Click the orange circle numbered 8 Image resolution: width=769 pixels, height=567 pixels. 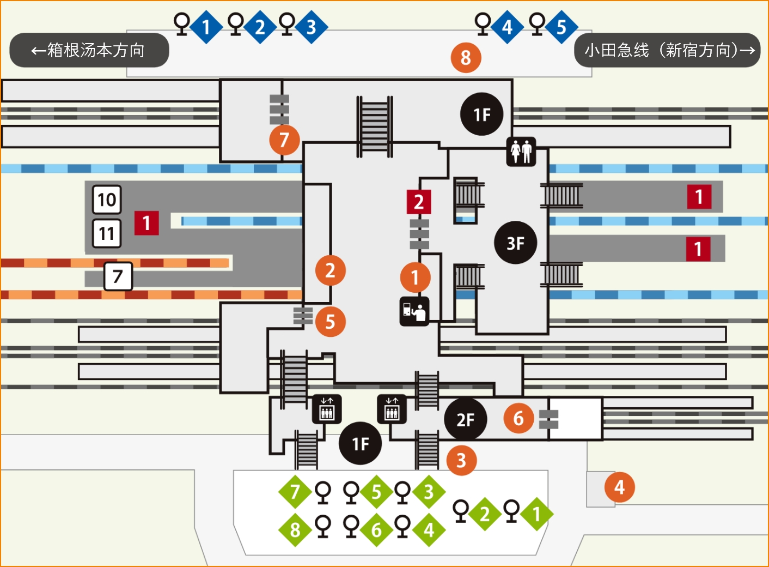466,58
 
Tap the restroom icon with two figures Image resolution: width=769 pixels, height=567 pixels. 521,152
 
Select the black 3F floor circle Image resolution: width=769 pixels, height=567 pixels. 515,243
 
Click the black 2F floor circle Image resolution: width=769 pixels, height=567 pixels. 466,419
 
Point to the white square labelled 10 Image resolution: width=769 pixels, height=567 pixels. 107,200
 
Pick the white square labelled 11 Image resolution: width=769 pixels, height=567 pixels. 107,233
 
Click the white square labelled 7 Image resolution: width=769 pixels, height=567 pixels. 118,276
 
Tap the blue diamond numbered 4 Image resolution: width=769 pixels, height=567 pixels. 507,27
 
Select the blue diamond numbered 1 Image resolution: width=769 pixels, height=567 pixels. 206,27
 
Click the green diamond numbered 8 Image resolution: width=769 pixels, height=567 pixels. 295,530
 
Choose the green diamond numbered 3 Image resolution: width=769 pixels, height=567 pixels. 429,492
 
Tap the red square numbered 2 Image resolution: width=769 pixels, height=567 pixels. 419,202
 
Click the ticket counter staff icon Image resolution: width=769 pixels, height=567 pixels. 414,311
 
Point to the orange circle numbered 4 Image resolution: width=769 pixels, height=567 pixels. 620,487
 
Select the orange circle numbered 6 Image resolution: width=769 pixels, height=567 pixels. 518,419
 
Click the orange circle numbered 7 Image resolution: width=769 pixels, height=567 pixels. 284,140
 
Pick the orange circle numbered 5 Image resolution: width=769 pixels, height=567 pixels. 330,321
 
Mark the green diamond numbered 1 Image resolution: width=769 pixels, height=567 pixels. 536,514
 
